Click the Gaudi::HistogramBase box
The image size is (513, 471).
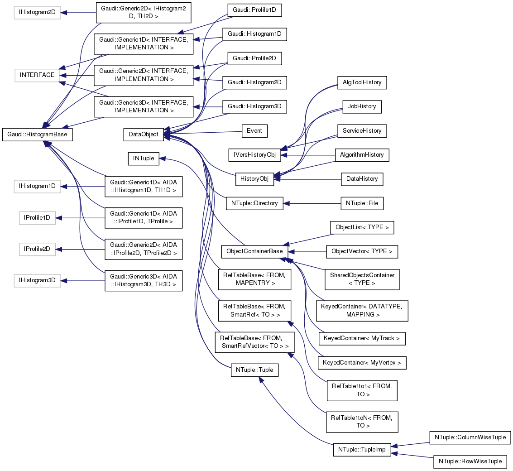click(38, 135)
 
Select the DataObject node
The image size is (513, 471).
click(144, 134)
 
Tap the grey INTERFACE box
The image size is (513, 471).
click(37, 75)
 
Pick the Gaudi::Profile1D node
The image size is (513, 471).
click(254, 10)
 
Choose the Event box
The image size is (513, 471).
click(254, 131)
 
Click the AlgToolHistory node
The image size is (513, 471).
click(362, 83)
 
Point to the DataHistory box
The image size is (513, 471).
click(362, 179)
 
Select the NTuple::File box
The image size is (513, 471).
click(362, 203)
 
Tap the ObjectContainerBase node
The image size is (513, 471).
click(255, 251)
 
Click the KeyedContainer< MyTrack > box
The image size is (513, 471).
click(362, 338)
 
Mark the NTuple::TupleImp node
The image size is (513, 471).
click(361, 450)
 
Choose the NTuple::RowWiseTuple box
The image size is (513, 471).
click(470, 461)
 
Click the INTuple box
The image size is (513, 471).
click(144, 159)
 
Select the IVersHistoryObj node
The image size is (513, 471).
click(255, 155)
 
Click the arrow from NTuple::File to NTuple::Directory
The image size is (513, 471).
click(312, 203)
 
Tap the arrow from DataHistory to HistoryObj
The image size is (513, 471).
click(308, 179)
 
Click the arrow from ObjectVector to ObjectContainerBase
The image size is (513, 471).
click(308, 251)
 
